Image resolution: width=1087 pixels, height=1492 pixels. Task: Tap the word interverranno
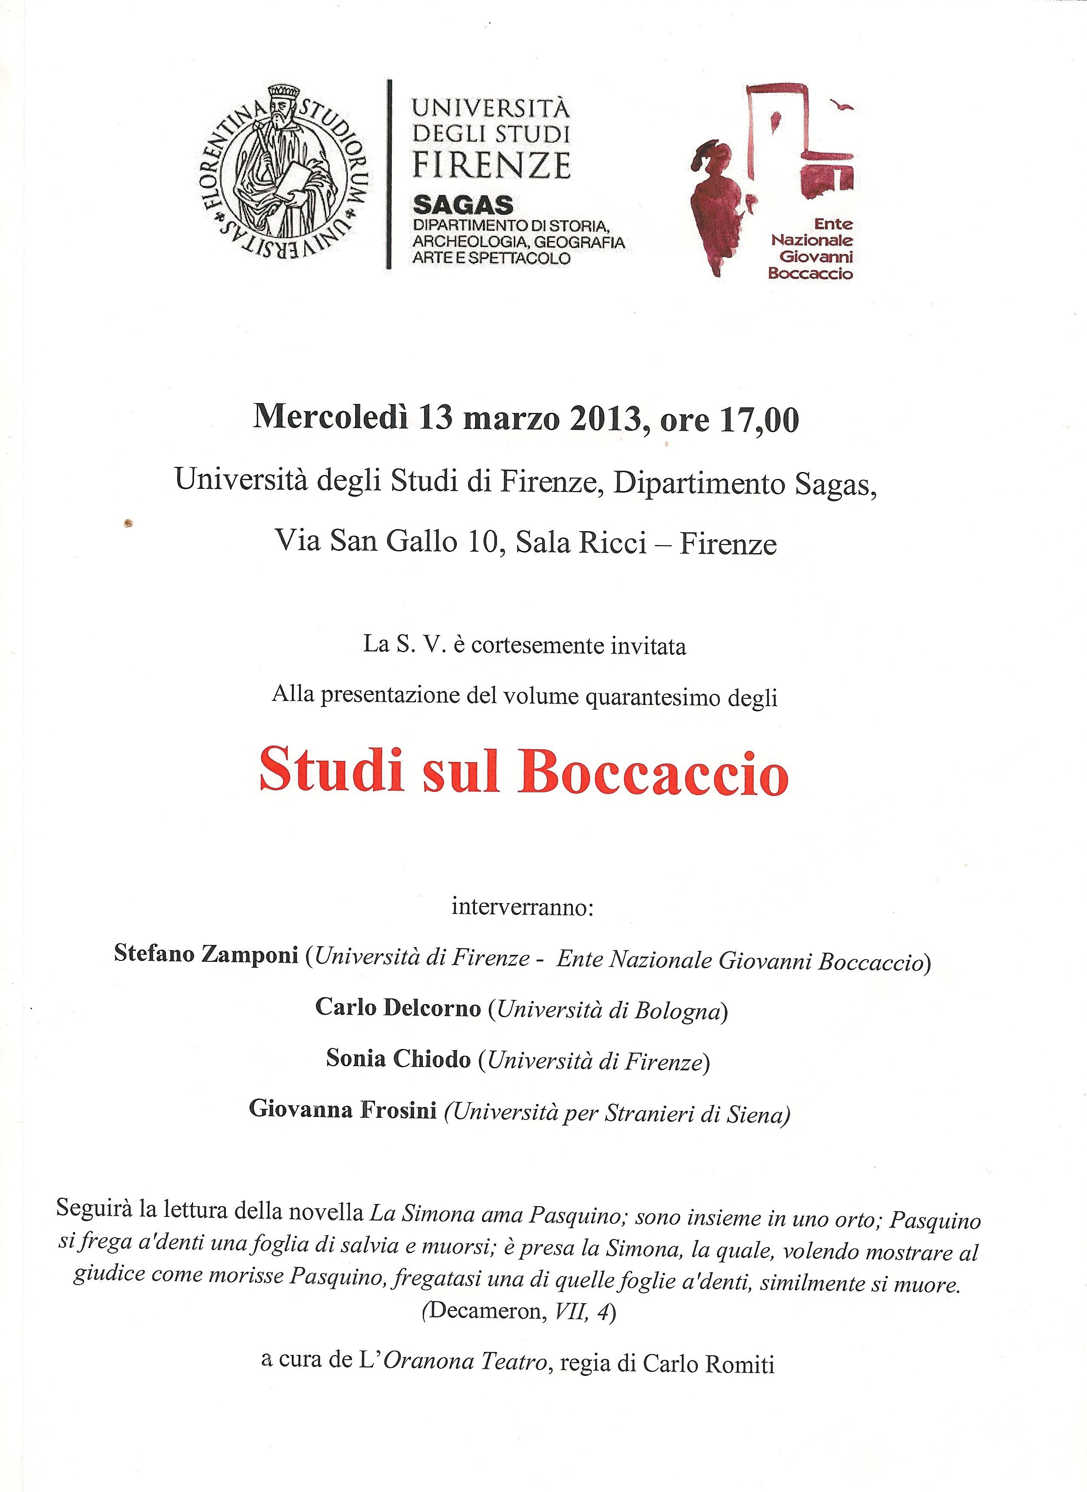coord(523,907)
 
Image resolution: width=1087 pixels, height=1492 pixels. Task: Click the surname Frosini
coord(398,1110)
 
